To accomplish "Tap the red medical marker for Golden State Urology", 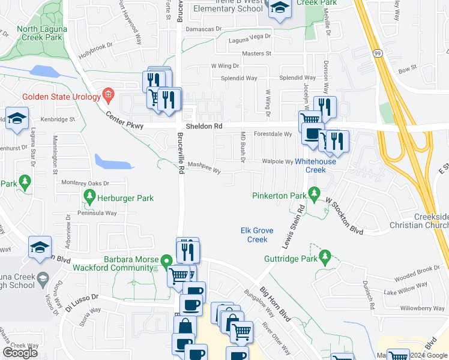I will tap(108, 94).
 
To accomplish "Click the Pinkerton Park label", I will tap(279, 196).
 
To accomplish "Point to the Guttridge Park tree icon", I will tap(325, 258).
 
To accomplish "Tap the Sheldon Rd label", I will tap(204, 127).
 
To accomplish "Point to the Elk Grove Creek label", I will tap(254, 235).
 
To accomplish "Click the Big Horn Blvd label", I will tap(274, 305).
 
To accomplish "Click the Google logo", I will tap(20, 353).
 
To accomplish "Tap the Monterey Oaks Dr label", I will tap(85, 183).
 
